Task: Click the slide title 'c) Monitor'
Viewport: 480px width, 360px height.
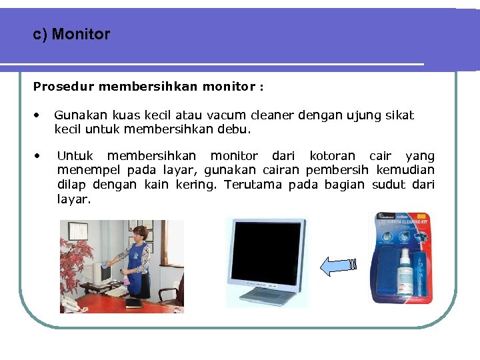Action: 71,34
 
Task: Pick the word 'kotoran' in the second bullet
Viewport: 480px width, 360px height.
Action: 332,156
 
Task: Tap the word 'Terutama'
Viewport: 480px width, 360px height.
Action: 253,185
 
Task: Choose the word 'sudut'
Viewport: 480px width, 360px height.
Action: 386,185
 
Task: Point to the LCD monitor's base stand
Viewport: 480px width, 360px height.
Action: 267,296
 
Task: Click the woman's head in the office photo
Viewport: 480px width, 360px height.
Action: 141,233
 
